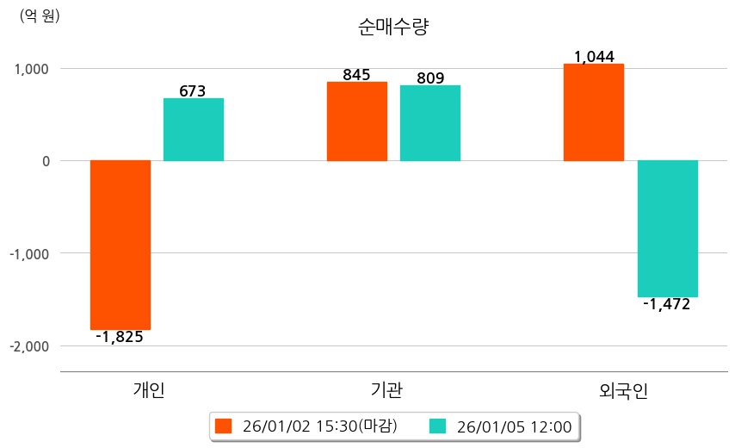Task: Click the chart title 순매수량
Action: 393,27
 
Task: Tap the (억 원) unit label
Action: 40,16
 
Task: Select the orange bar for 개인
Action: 120,245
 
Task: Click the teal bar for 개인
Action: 194,129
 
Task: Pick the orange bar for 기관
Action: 357,121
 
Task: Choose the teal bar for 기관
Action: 430,123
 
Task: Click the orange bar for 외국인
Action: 594,112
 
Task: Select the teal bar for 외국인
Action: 667,228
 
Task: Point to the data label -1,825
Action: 120,337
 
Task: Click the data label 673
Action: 193,90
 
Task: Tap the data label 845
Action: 356,75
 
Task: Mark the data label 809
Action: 430,78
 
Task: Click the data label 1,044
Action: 594,57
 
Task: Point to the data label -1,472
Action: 667,304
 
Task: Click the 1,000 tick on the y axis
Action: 31,69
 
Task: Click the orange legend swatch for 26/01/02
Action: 224,426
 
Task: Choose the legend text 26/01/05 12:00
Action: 514,426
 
